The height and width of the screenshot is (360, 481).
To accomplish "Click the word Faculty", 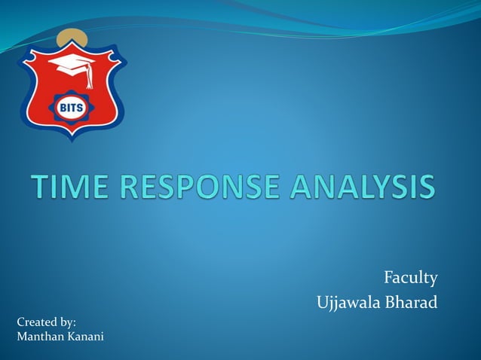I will [411, 279].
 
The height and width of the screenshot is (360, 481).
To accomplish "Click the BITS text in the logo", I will [72, 106].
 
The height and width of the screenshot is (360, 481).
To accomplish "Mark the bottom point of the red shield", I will [72, 141].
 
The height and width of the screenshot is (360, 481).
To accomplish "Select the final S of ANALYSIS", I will [427, 187].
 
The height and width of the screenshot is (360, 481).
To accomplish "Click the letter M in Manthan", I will [22, 335].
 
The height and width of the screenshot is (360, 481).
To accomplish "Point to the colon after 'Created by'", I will [75, 323].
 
